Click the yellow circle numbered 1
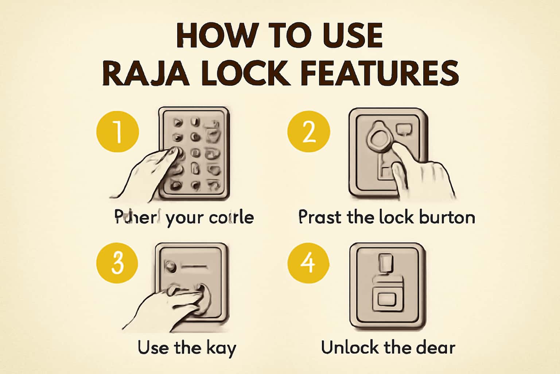coord(118,131)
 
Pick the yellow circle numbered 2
coord(309,131)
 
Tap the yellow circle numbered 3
coord(117,263)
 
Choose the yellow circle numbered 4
coord(308,263)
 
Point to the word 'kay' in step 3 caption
coord(221,348)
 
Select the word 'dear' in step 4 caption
coord(436,347)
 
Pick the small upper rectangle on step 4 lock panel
coord(386,263)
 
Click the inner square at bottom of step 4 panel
coord(387,300)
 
